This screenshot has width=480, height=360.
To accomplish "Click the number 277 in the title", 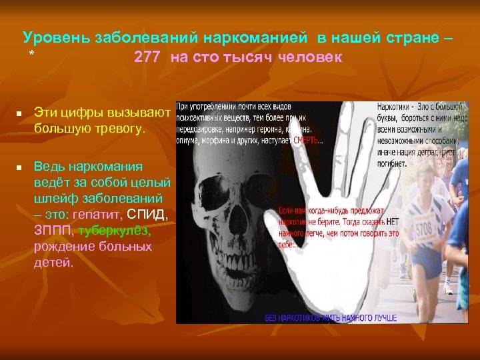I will (x=147, y=57).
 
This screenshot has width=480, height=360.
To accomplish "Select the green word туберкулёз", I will (x=115, y=231).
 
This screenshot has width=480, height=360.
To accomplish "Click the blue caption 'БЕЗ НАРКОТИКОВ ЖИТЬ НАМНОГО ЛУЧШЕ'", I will (x=331, y=317).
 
